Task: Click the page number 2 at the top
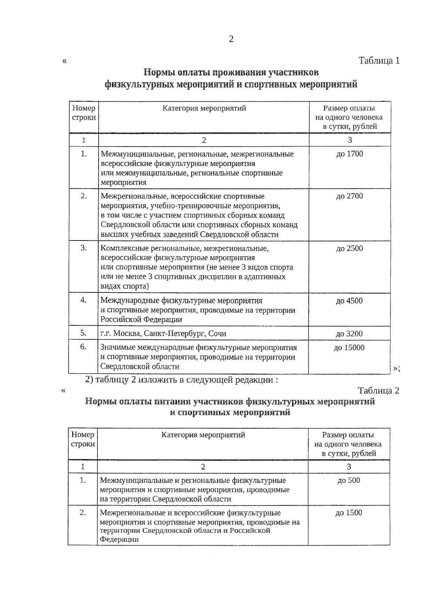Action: coord(231,39)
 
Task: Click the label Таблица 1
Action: coord(379,61)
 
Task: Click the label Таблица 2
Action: coord(378,391)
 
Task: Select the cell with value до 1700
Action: coord(349,154)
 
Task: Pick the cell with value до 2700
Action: coord(349,196)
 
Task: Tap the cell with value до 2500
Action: coord(349,249)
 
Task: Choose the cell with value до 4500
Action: coord(349,301)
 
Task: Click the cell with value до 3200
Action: coord(349,334)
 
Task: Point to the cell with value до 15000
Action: coord(349,348)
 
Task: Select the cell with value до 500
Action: coord(349,480)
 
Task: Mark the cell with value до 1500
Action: coord(349,513)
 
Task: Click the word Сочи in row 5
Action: coord(217,334)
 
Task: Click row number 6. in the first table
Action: coord(83,347)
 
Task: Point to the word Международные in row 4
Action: coord(130,301)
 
